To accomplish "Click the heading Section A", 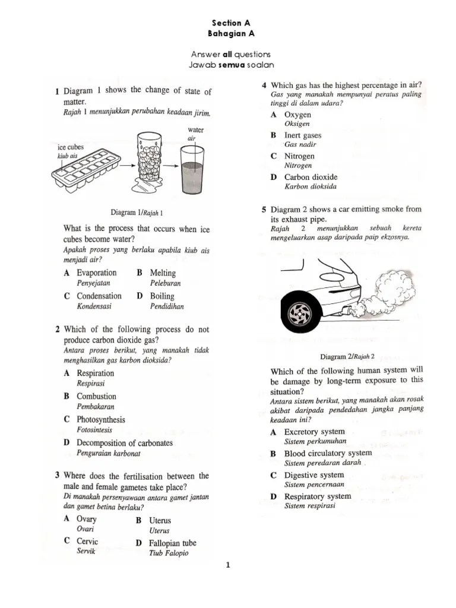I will (227, 23).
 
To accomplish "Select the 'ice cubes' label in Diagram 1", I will (71, 147).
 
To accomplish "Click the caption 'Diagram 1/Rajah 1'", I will (137, 212).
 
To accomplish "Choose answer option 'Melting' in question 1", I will (163, 273).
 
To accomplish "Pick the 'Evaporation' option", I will (96, 273).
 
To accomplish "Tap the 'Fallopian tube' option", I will (173, 543).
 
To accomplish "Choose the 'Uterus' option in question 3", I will (160, 520).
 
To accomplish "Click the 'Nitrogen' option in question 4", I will (299, 156).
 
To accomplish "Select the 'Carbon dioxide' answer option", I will (311, 177).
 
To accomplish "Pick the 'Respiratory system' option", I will (318, 496).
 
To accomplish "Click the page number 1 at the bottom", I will (227, 565).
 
